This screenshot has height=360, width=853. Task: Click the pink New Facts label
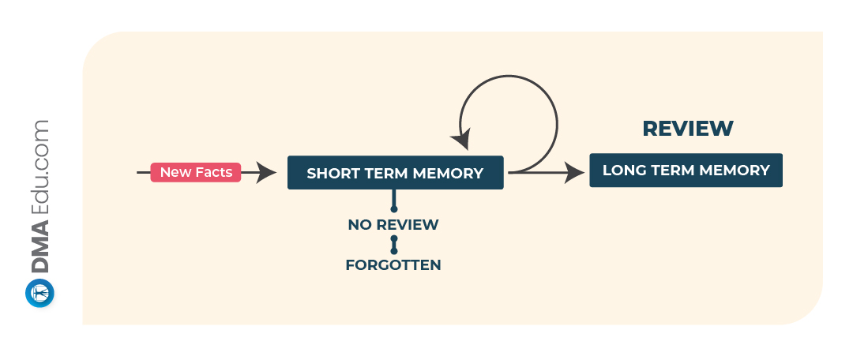tap(196, 172)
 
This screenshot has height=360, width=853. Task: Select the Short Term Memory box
tap(396, 173)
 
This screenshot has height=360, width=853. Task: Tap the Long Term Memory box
tap(686, 171)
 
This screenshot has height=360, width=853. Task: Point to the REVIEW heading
tap(688, 129)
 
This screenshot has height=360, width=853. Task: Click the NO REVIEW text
tap(393, 224)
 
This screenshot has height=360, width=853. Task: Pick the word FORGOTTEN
tap(393, 265)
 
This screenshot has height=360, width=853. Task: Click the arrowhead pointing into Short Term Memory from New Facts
tap(266, 172)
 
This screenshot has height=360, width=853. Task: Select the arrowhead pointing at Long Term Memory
tap(574, 172)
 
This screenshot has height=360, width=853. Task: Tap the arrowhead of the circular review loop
tap(461, 139)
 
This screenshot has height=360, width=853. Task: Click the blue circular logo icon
tap(39, 293)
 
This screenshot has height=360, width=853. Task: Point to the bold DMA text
tap(39, 247)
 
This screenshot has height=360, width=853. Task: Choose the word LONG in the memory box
tap(621, 171)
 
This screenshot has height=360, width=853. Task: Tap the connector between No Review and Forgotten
tap(394, 245)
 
